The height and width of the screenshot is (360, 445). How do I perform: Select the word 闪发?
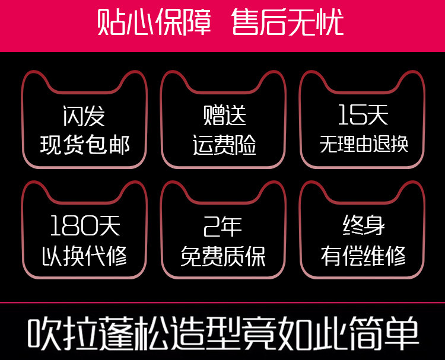84,115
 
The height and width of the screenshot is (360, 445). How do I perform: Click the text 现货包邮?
85,144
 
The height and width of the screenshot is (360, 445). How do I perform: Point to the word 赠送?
224,115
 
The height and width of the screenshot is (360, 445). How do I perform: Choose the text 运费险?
224,144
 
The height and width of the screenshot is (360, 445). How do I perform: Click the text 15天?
363,115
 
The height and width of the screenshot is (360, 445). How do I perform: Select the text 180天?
85,226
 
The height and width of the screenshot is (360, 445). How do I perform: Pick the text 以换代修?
85,256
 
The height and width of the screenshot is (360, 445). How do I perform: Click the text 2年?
223,226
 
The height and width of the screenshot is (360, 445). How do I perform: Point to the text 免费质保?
223,256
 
